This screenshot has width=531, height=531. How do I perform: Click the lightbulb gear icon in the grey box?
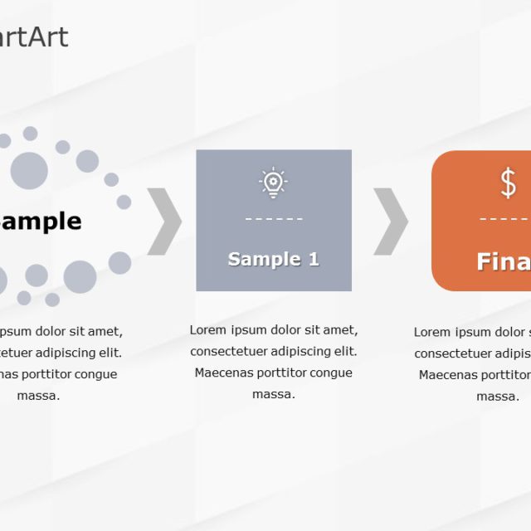273,183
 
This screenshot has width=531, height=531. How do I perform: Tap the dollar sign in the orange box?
508,183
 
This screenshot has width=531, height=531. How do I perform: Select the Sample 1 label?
273,259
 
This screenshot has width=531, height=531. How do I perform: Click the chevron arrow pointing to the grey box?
164,222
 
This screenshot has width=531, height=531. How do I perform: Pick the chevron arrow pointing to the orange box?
391,222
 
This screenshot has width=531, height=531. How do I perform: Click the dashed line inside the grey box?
273,220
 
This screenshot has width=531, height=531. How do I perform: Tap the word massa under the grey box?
274,394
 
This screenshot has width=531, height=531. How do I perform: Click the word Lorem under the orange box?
431,332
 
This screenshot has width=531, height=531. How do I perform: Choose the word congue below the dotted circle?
97,374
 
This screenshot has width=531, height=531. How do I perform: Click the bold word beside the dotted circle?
41,221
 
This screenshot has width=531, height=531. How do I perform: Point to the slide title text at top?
34,37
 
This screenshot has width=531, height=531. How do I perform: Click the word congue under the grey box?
332,373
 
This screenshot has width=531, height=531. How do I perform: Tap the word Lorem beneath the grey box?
207,329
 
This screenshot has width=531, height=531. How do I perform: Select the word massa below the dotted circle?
39,396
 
